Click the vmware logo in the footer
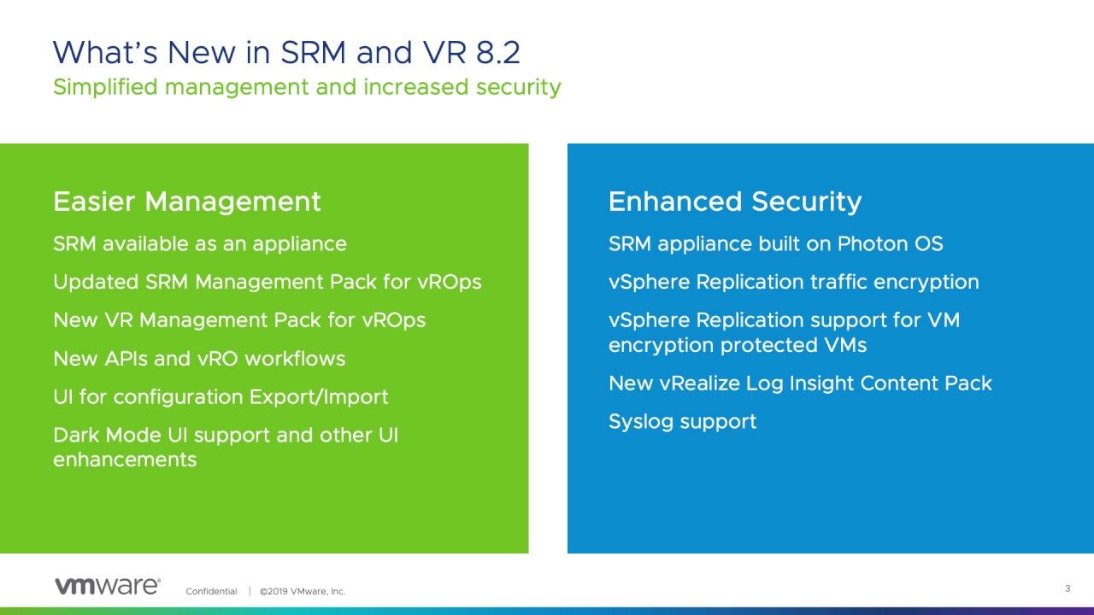108,586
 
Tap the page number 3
1068,589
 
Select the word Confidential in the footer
211,592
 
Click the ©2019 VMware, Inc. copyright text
303,592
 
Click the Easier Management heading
187,202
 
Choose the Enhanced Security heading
735,202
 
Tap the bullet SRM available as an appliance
200,244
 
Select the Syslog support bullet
682,422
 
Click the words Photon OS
891,243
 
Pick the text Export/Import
319,397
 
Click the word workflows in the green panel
295,359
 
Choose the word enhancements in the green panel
125,460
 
